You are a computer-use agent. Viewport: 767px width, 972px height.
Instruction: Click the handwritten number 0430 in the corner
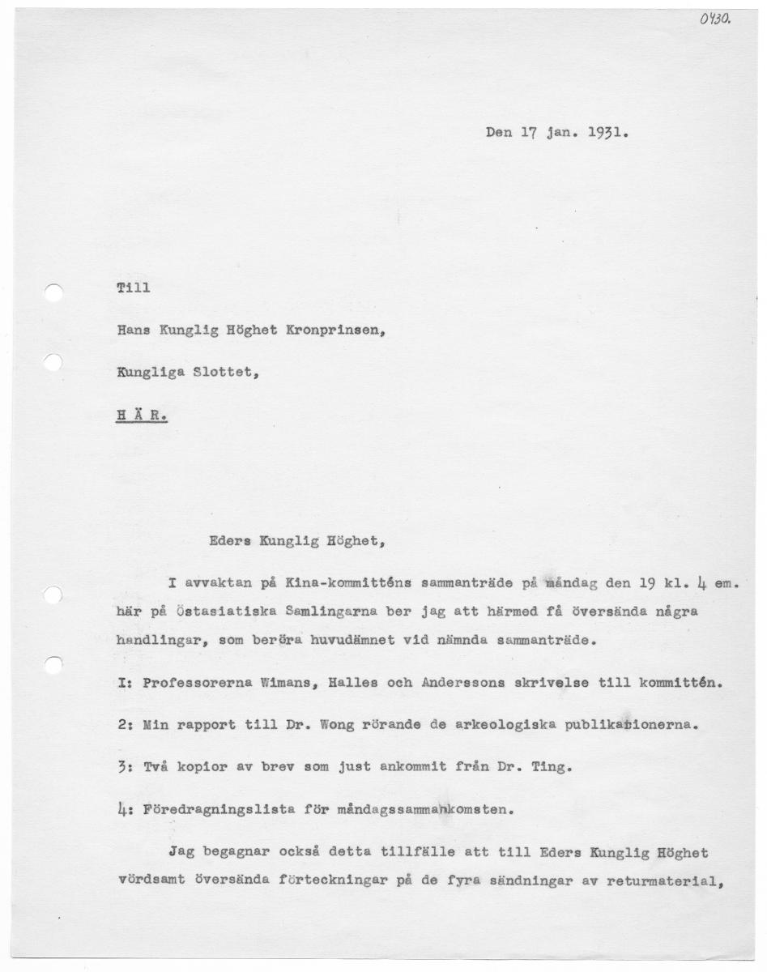[x=715, y=19]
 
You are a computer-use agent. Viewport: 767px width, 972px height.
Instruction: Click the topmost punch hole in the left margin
[x=53, y=294]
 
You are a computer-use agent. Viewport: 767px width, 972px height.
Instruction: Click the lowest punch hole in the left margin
[x=53, y=665]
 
